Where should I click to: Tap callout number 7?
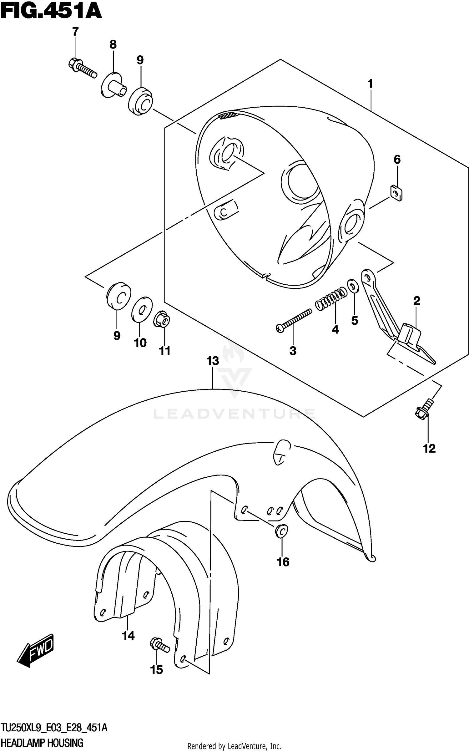click(75, 32)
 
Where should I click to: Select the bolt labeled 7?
click(82, 69)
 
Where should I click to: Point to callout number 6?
click(397, 160)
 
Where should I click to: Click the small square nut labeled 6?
click(396, 193)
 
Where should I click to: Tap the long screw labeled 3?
click(294, 320)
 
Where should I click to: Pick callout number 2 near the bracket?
click(416, 301)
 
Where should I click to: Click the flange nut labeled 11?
click(161, 319)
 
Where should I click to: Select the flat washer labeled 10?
click(142, 309)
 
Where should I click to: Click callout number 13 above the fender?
click(213, 361)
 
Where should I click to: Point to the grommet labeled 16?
click(282, 531)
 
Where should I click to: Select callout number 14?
click(128, 636)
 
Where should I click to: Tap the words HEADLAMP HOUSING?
click(42, 742)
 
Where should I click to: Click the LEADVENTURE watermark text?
click(234, 414)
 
